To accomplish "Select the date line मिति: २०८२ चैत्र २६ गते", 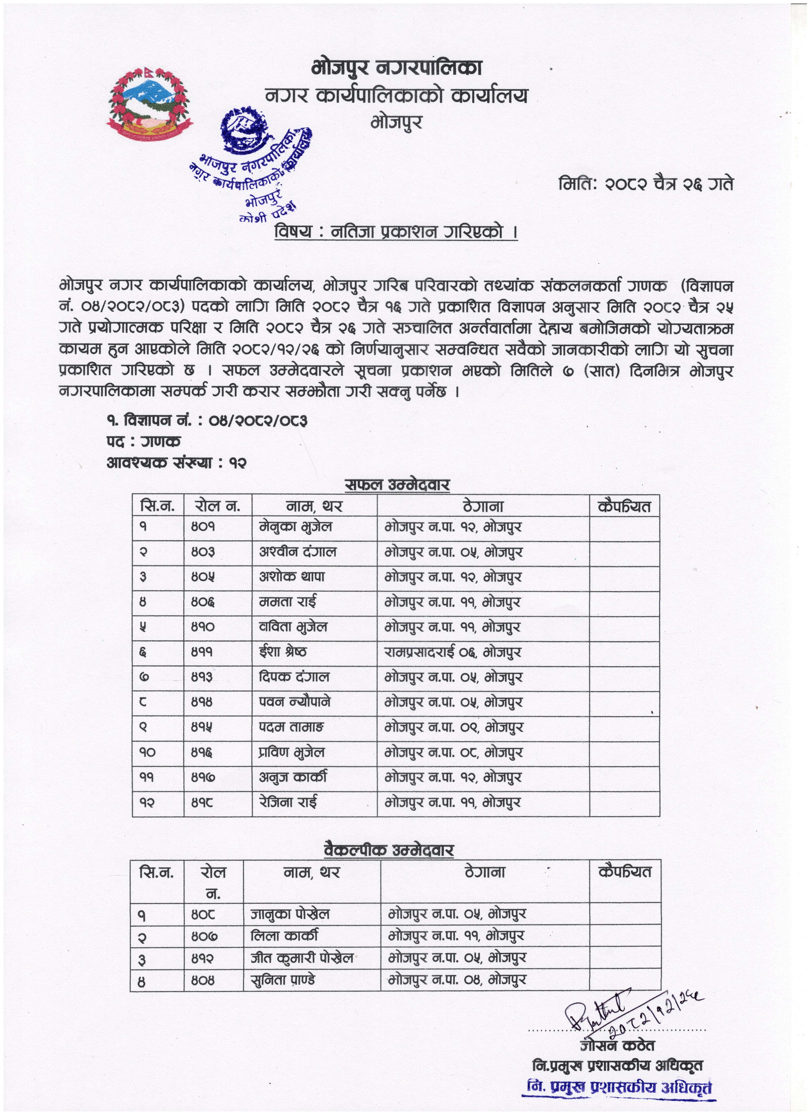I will click(x=645, y=184).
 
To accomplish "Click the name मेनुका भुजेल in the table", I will click(x=296, y=527).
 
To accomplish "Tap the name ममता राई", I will click(x=288, y=602).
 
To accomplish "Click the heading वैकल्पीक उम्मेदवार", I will click(x=389, y=851).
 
